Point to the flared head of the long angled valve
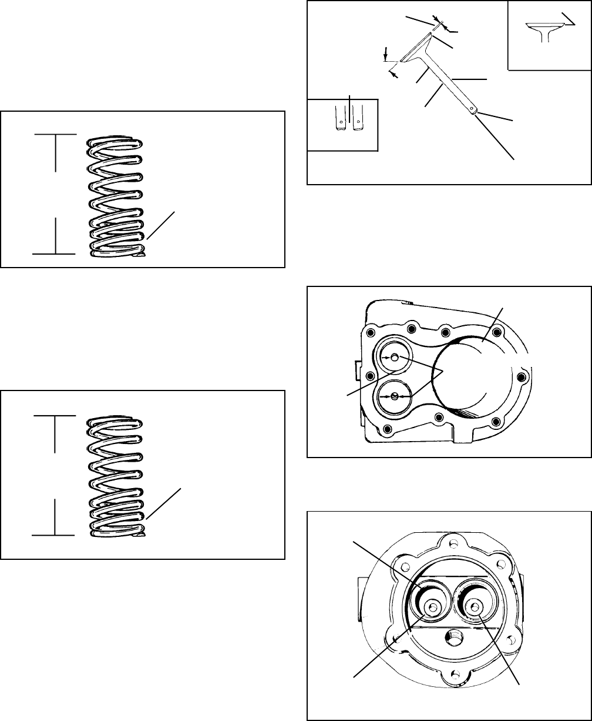click(x=419, y=49)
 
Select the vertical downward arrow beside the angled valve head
click(x=385, y=56)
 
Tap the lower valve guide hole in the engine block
click(x=395, y=396)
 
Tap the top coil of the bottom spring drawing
click(x=116, y=422)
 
